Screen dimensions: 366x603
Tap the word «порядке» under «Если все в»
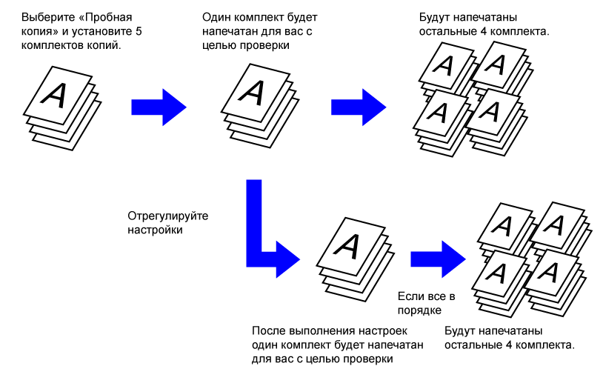(x=419, y=309)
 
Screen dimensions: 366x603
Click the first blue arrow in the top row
(x=158, y=106)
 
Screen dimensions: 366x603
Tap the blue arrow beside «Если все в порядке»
(x=437, y=256)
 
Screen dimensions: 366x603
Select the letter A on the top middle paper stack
(x=253, y=92)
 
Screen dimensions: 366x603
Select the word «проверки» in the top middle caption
(x=265, y=45)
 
